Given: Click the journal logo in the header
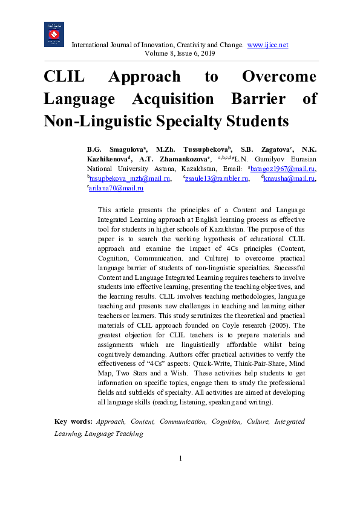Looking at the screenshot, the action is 54,34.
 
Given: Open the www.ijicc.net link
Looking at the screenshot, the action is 268,45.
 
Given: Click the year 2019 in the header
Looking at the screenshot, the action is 206,53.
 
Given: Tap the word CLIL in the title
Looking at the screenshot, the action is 64,77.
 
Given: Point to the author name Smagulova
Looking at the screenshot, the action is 127,149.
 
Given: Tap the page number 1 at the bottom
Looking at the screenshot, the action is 180,458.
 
